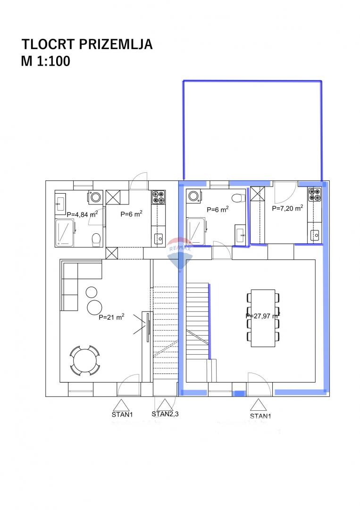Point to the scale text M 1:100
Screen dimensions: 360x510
(x=45, y=61)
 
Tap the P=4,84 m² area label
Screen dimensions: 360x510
(x=82, y=214)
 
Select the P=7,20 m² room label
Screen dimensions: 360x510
(x=287, y=208)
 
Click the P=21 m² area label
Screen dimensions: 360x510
(x=111, y=317)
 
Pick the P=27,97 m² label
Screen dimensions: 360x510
(x=263, y=315)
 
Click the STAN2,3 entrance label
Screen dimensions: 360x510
(x=165, y=414)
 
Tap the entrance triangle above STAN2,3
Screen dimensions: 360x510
(x=165, y=405)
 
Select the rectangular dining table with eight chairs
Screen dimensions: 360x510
(x=263, y=318)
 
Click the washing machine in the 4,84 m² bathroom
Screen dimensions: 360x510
(x=95, y=197)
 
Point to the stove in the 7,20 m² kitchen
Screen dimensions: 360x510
(x=315, y=195)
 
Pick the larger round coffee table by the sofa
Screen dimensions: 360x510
(x=94, y=307)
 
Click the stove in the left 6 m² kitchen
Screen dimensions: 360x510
(x=159, y=197)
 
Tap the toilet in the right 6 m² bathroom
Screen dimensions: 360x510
(x=238, y=197)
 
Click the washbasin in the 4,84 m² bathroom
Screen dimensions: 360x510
(x=60, y=204)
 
